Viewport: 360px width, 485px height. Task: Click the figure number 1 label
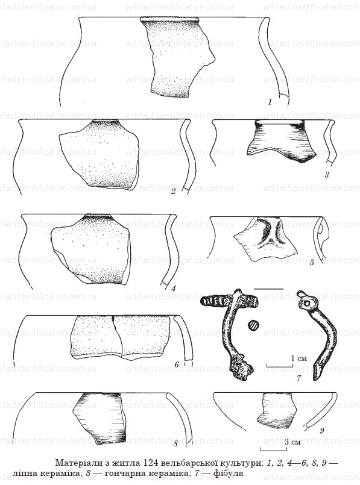tap(270, 101)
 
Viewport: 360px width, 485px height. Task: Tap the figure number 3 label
tap(327, 175)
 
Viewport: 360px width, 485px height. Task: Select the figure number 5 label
tap(312, 263)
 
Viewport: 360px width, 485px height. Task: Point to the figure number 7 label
tap(298, 378)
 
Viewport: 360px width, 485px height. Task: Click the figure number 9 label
tap(321, 431)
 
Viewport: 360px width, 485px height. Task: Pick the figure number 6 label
tap(177, 365)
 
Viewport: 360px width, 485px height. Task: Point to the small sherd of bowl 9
tap(276, 410)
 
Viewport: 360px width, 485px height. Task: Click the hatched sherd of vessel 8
tap(101, 418)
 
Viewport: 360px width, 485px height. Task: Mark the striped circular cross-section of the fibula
tap(253, 325)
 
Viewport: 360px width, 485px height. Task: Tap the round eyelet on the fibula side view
tap(307, 304)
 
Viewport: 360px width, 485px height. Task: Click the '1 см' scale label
tap(299, 358)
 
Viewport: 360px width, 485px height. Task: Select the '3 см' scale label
tap(292, 442)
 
